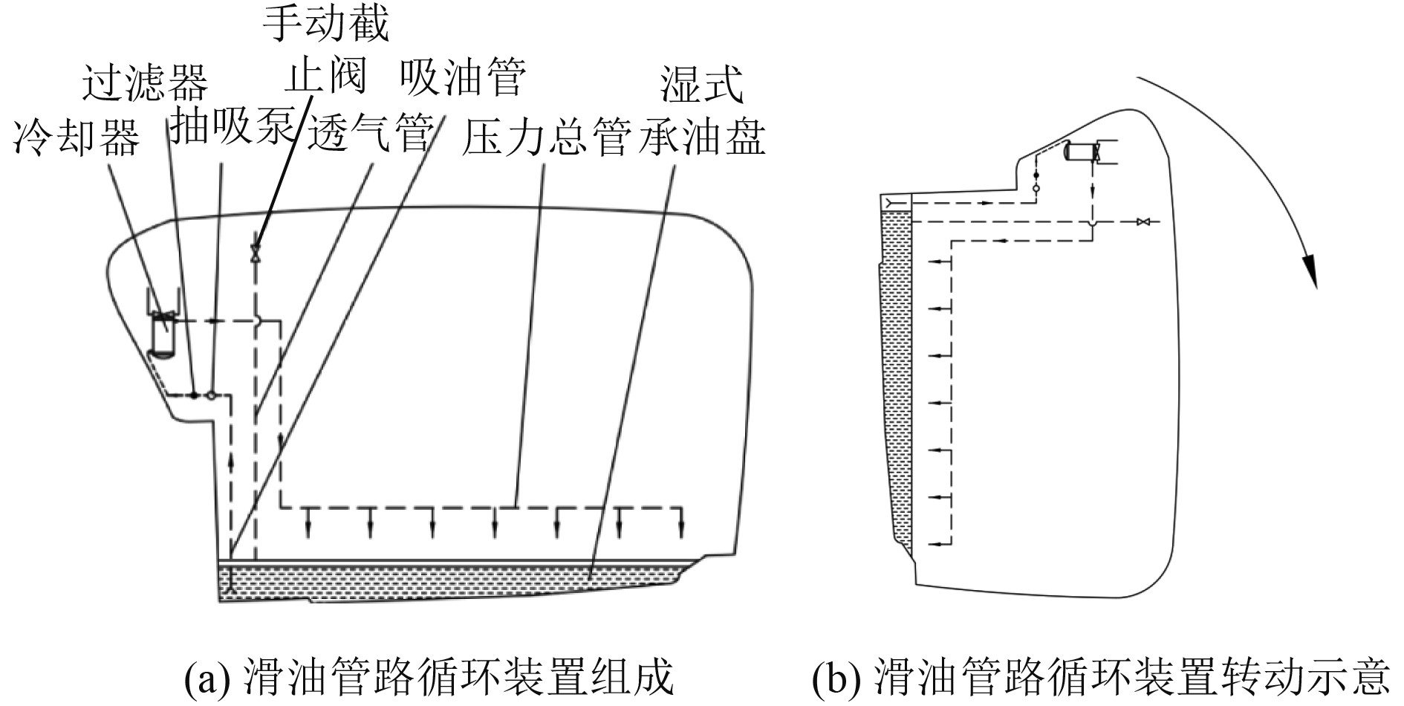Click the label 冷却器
pos(77,137)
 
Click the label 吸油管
pos(462,77)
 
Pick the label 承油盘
pos(702,137)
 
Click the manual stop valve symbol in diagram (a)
pos(256,253)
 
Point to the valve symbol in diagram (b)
pos(1143,221)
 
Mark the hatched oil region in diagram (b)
pos(896,372)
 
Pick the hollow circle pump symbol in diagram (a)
pos(212,395)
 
